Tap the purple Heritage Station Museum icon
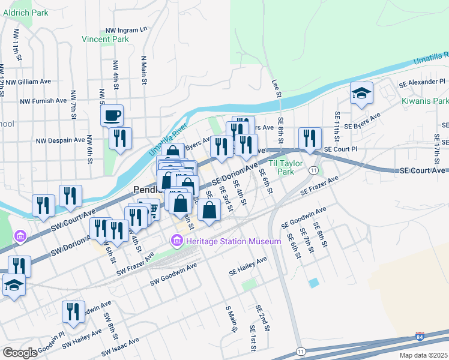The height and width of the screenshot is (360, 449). point(176,241)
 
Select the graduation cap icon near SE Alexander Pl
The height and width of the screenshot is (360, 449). point(361,93)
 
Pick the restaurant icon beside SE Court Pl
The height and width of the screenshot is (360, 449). point(310,139)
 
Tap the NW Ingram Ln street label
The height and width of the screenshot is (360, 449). point(126,29)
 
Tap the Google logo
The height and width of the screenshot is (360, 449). point(20,353)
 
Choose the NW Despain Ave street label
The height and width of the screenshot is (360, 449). point(60,140)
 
